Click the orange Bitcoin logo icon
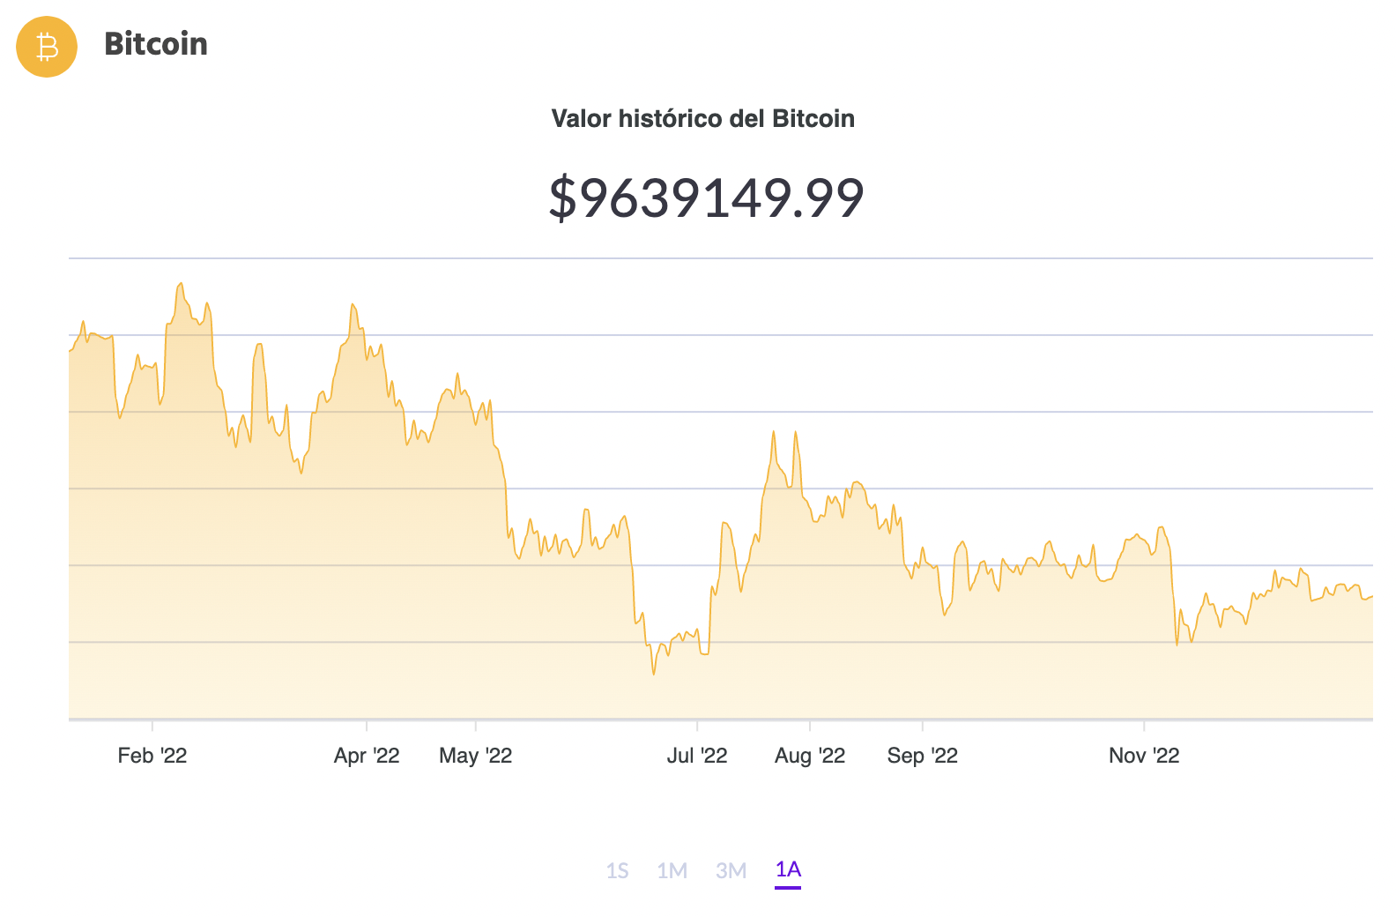(47, 47)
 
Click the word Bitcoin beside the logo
(156, 44)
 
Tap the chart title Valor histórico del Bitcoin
(702, 119)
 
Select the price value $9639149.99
(706, 198)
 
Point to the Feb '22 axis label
(152, 756)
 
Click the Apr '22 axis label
(367, 756)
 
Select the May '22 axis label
(476, 756)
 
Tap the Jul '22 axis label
(697, 756)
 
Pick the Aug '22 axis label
(810, 756)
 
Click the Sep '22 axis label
(923, 756)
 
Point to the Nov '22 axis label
(1144, 756)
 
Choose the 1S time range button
(617, 871)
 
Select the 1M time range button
(672, 871)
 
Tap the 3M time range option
(731, 871)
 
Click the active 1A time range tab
(788, 870)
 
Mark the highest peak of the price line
(181, 284)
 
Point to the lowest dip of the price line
(653, 675)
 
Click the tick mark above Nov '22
(1144, 726)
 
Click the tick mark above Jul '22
(697, 726)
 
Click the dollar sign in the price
(562, 198)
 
